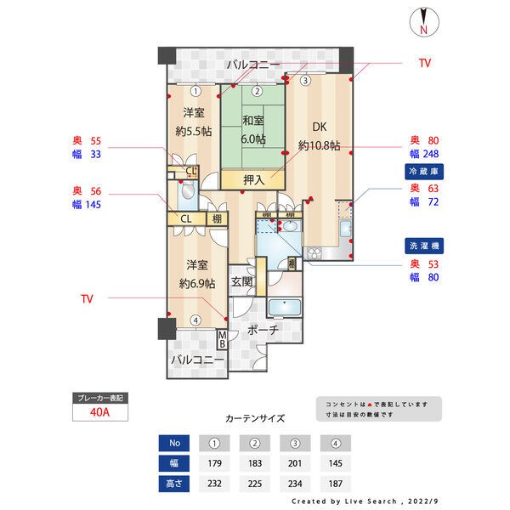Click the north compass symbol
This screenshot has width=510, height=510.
423,22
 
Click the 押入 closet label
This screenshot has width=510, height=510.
253,179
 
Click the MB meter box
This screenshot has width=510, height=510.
222,340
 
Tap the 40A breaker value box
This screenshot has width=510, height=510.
100,414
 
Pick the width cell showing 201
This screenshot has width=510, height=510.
294,464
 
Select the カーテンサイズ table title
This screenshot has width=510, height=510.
255,419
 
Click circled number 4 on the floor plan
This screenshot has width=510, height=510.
195,320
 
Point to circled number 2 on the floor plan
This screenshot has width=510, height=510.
256,91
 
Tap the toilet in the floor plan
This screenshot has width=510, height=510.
187,195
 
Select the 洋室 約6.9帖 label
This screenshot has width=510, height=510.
196,273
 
